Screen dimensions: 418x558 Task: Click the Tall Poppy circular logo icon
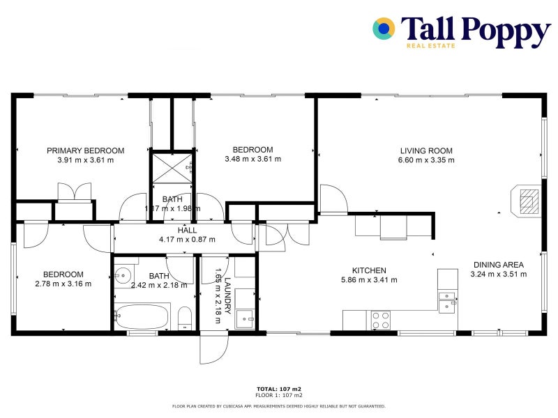[384, 29]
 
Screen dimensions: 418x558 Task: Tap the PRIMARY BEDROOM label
[85, 150]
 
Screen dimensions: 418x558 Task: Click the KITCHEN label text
[369, 270]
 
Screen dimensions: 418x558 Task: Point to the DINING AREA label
[499, 265]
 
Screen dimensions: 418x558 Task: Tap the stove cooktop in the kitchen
[381, 320]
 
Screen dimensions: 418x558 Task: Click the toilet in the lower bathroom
[185, 318]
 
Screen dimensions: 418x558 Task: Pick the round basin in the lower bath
[124, 276]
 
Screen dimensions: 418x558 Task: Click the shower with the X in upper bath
[173, 167]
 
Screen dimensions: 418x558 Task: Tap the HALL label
[187, 230]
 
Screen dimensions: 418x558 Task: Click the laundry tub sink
[245, 318]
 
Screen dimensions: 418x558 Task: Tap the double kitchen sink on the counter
[447, 301]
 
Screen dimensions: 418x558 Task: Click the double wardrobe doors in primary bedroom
[74, 192]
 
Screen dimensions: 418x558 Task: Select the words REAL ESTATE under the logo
[430, 46]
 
